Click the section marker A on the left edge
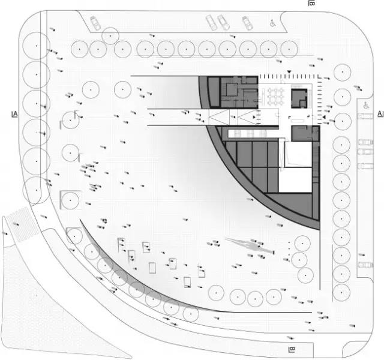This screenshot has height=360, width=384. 15,114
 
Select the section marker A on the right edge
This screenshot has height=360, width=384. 380,114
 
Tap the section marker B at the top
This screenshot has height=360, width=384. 311,3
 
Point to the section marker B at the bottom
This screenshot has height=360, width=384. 292,349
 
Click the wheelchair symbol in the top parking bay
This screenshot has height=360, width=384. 273,23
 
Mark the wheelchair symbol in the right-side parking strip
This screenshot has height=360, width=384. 366,106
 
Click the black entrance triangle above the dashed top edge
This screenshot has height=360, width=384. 289,72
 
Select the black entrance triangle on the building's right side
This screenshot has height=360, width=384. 324,118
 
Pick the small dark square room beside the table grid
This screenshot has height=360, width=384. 299,98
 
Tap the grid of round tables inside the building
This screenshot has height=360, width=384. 276,97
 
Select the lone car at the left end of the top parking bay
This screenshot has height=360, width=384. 95,23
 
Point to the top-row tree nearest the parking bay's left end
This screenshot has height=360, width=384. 110,36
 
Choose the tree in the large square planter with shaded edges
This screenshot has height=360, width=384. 70,200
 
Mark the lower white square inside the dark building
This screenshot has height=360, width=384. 295,180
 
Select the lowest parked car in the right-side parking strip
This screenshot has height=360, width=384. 365,265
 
